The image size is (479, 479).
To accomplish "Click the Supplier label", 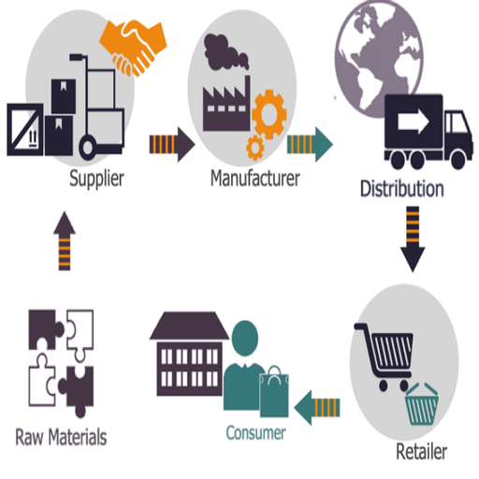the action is [x=96, y=179].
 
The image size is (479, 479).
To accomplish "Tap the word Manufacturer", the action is [x=255, y=178].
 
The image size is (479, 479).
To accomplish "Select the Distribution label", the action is [x=402, y=189].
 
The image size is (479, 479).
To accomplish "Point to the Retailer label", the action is [x=421, y=451].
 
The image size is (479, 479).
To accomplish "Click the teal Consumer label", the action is [x=255, y=433].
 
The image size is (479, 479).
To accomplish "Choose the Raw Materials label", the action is [x=61, y=437].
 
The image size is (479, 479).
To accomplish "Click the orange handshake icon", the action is [x=134, y=47].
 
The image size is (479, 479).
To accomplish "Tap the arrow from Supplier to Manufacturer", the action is [x=172, y=144].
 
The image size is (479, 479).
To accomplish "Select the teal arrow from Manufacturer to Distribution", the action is [x=310, y=144].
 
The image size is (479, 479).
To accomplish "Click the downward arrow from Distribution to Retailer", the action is [x=413, y=239].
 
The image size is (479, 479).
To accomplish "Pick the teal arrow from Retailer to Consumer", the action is [x=317, y=408].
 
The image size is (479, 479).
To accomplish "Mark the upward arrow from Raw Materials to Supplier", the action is [x=65, y=240].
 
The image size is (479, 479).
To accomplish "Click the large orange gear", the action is [x=269, y=114].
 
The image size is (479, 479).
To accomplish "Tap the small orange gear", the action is [x=255, y=148].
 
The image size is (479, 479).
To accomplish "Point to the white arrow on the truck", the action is [x=414, y=121].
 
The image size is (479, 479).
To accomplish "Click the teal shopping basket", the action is [x=422, y=404].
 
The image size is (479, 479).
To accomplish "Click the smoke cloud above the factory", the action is [x=225, y=51].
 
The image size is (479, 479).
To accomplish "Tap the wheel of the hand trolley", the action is [x=88, y=147].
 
